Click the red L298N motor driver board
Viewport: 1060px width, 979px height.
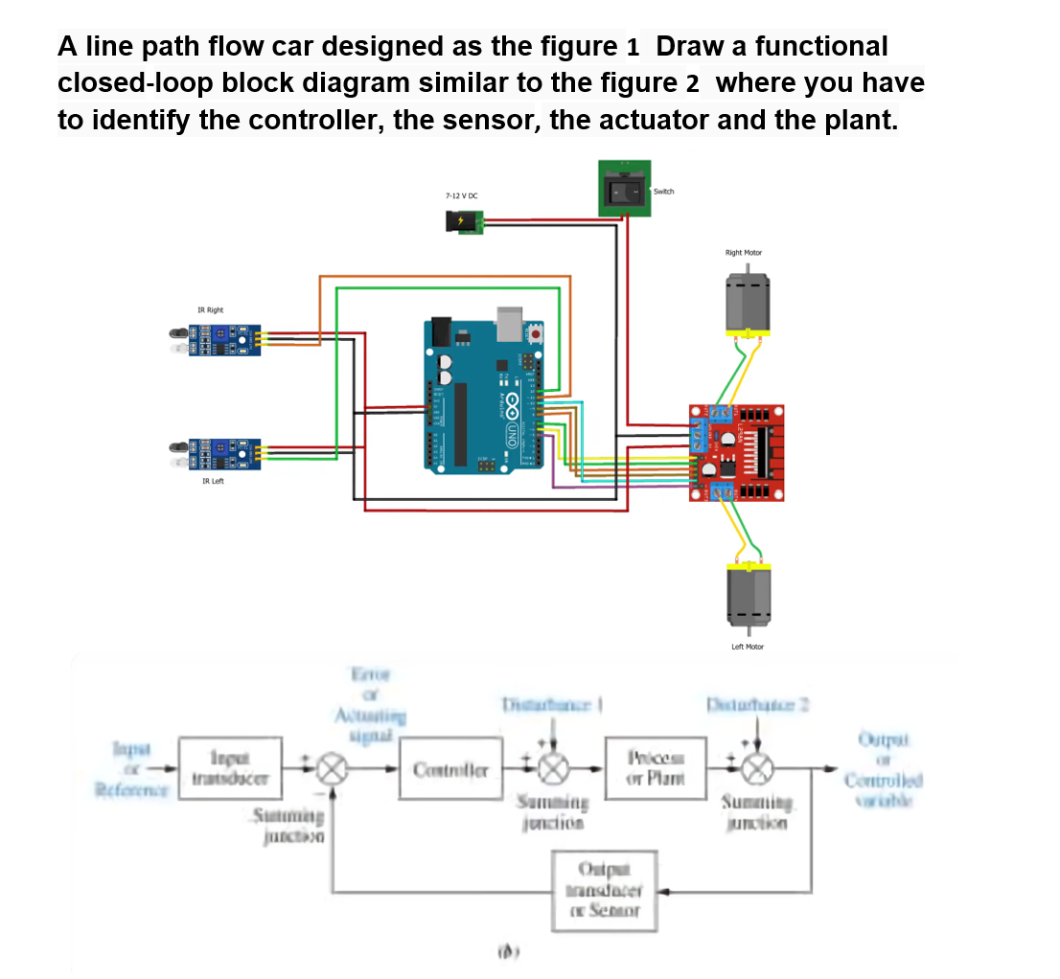click(739, 451)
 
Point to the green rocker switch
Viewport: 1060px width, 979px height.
click(625, 189)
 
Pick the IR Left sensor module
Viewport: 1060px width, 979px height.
click(216, 450)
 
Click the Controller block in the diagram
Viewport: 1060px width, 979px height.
click(450, 770)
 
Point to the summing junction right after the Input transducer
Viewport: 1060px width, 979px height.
click(333, 768)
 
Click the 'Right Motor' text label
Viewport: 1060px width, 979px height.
click(744, 253)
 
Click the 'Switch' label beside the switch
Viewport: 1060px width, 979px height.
click(664, 191)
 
